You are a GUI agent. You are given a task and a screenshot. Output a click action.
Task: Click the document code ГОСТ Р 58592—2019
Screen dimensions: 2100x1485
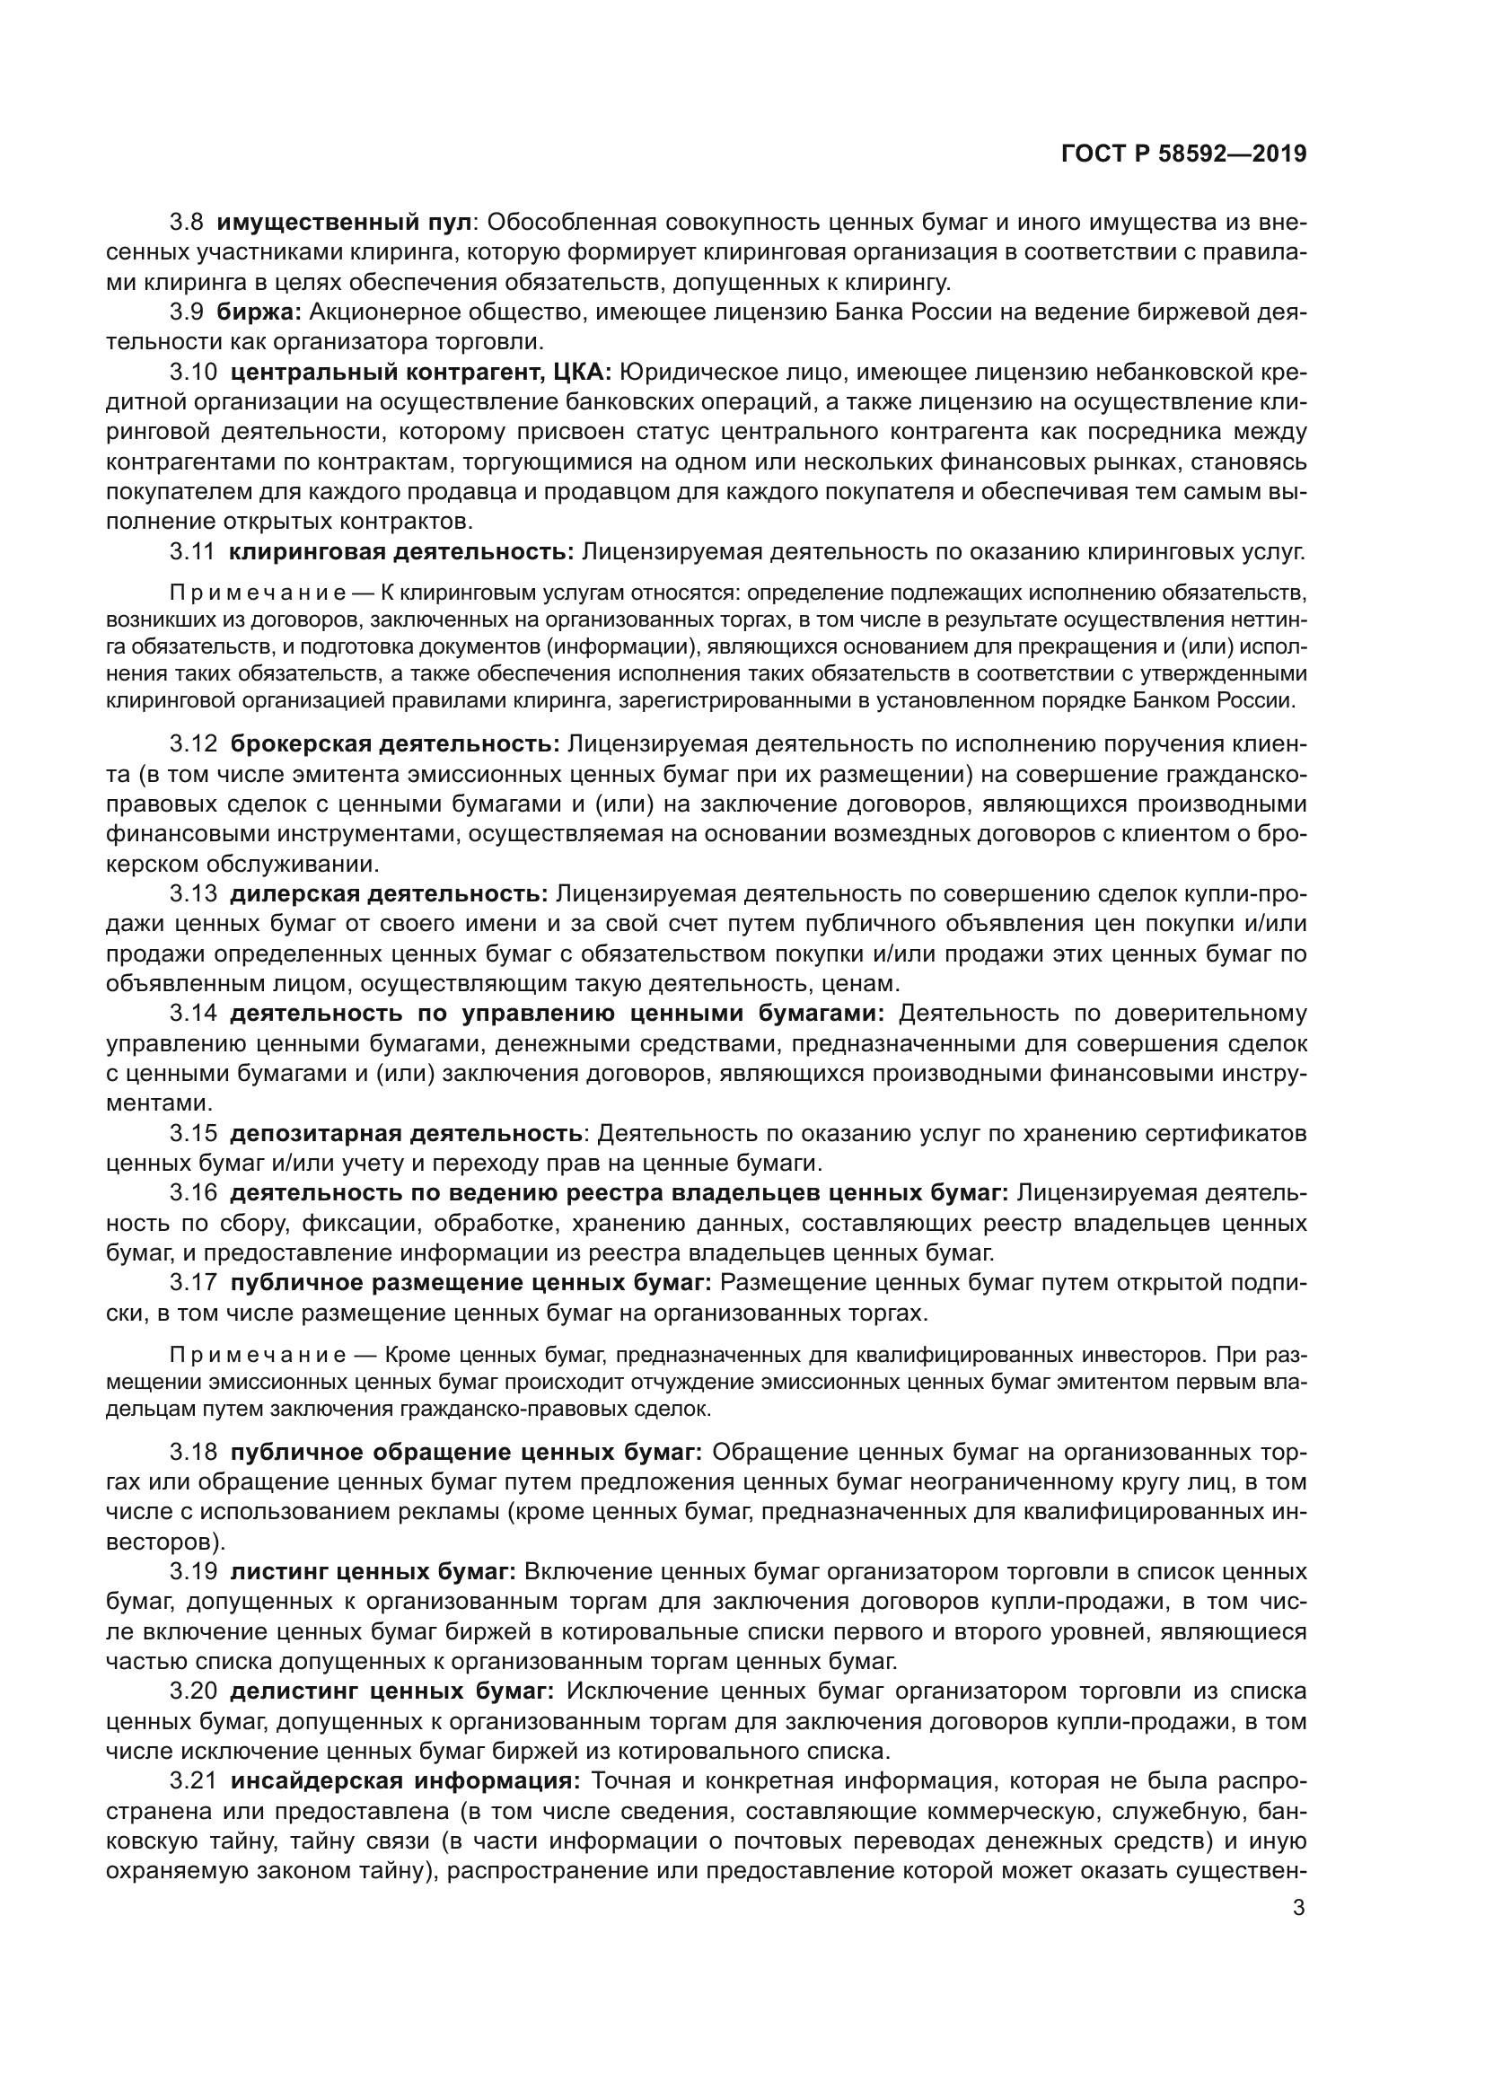(1183, 154)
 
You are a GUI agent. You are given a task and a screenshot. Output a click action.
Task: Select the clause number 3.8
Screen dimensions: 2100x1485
(187, 223)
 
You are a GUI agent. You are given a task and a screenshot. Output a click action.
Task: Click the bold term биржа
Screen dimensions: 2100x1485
(259, 312)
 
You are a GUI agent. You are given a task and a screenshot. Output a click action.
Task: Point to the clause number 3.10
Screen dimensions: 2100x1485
(193, 373)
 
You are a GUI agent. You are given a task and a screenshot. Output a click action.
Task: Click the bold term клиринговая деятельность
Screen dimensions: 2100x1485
(401, 551)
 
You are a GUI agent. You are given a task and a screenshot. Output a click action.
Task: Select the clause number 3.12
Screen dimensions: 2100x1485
(193, 744)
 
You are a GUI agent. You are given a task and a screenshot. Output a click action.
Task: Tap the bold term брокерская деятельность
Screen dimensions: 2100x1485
(395, 744)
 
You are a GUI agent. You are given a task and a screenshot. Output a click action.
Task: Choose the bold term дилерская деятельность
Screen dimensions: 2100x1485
(389, 893)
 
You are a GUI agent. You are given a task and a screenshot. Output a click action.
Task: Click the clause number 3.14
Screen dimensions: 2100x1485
(193, 1014)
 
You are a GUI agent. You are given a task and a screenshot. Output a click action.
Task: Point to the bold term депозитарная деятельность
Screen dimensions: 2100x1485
(406, 1133)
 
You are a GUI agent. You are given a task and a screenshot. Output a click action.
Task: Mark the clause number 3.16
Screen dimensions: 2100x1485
(193, 1192)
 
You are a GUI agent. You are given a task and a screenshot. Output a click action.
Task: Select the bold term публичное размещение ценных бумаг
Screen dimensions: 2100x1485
(471, 1282)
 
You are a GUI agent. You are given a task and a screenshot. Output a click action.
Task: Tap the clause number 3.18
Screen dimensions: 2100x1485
(193, 1453)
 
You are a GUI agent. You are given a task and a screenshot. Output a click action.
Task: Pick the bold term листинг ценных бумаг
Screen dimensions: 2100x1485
(373, 1571)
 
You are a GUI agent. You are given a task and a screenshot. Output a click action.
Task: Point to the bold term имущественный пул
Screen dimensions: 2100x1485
(345, 223)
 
